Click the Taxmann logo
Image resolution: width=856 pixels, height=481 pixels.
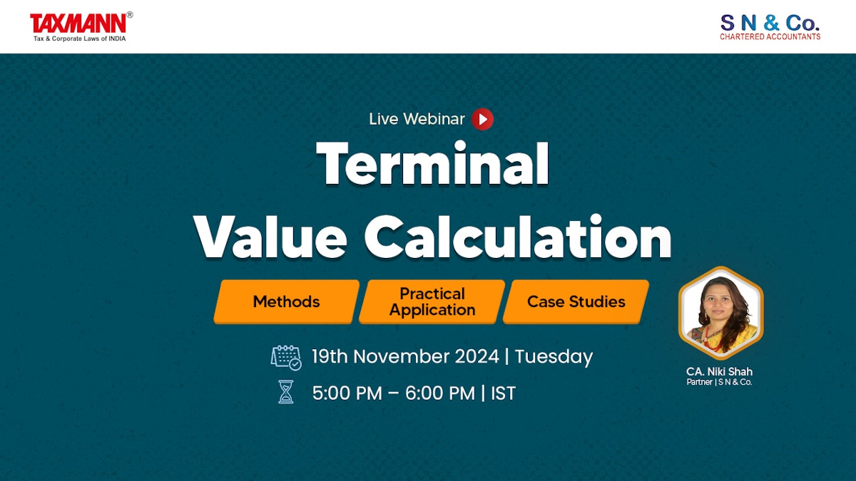pyautogui.click(x=81, y=26)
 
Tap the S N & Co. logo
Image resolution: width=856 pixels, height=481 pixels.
pyautogui.click(x=770, y=26)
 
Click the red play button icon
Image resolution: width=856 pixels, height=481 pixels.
pyautogui.click(x=482, y=119)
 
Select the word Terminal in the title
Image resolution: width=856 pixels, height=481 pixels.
pyautogui.click(x=433, y=165)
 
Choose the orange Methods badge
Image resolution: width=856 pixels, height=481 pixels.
pyautogui.click(x=286, y=301)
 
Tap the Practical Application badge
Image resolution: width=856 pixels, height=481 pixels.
pyautogui.click(x=432, y=301)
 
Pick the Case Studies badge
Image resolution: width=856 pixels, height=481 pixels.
pyautogui.click(x=576, y=301)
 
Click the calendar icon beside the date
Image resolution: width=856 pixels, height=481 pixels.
pyautogui.click(x=286, y=357)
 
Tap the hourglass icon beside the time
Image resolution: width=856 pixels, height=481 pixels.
pyautogui.click(x=286, y=392)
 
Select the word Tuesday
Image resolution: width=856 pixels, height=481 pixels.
pyautogui.click(x=554, y=356)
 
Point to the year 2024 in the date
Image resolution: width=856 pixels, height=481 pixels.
pyautogui.click(x=474, y=356)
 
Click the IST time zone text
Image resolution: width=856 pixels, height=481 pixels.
pyautogui.click(x=503, y=393)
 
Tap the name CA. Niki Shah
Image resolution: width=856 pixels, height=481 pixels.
pyautogui.click(x=719, y=371)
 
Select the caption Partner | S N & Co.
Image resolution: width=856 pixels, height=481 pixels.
pyautogui.click(x=719, y=382)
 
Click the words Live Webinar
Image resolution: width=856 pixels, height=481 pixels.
pyautogui.click(x=417, y=119)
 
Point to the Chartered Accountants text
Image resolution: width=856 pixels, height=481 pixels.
pyautogui.click(x=770, y=36)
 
